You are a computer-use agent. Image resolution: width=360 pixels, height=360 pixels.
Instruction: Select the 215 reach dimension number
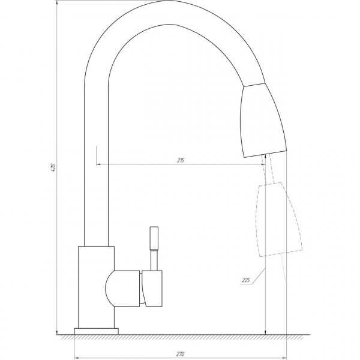(x=181, y=160)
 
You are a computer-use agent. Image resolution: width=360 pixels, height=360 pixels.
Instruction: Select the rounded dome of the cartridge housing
(x=113, y=289)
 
